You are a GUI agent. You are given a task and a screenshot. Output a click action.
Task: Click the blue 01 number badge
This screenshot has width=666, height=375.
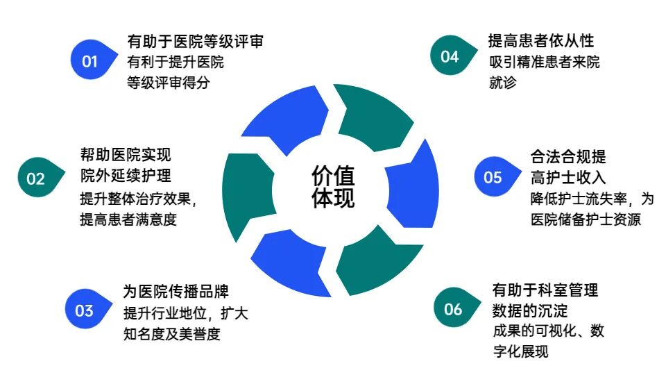(x=90, y=61)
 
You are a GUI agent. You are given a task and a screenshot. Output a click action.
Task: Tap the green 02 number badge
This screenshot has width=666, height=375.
(x=36, y=178)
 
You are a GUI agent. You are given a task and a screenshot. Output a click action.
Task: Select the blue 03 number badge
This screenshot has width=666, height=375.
(x=85, y=310)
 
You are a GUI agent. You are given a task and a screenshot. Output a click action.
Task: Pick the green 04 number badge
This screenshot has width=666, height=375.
(x=450, y=56)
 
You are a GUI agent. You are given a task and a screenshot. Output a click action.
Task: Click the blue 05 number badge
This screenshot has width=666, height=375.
(x=493, y=178)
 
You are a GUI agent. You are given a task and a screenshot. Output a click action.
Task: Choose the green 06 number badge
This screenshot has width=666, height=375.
(x=453, y=309)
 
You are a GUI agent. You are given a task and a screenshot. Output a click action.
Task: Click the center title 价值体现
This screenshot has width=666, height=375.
(x=332, y=186)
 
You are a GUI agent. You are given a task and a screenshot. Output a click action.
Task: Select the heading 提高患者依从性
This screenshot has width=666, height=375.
(x=540, y=41)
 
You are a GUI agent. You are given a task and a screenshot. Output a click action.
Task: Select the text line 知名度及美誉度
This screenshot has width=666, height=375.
(x=171, y=334)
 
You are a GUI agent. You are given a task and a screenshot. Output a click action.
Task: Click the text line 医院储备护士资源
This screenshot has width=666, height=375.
(x=585, y=219)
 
